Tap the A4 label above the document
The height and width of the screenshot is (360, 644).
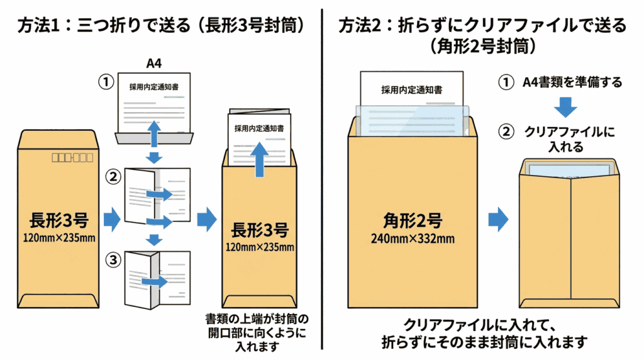[x=154, y=63]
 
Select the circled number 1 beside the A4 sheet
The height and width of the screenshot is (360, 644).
[x=106, y=82]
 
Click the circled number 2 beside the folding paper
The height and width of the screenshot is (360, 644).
[x=113, y=177]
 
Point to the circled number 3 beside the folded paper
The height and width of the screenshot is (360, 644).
[x=113, y=259]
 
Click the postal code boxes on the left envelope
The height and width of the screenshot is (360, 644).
[x=72, y=156]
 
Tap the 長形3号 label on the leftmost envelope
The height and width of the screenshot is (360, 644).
[x=58, y=220]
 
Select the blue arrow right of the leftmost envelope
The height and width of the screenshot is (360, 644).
[x=111, y=219]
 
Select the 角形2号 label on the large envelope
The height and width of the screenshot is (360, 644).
[x=412, y=220]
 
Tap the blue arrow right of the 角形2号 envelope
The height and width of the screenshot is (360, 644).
[x=499, y=219]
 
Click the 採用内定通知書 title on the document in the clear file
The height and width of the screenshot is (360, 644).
[x=411, y=90]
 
